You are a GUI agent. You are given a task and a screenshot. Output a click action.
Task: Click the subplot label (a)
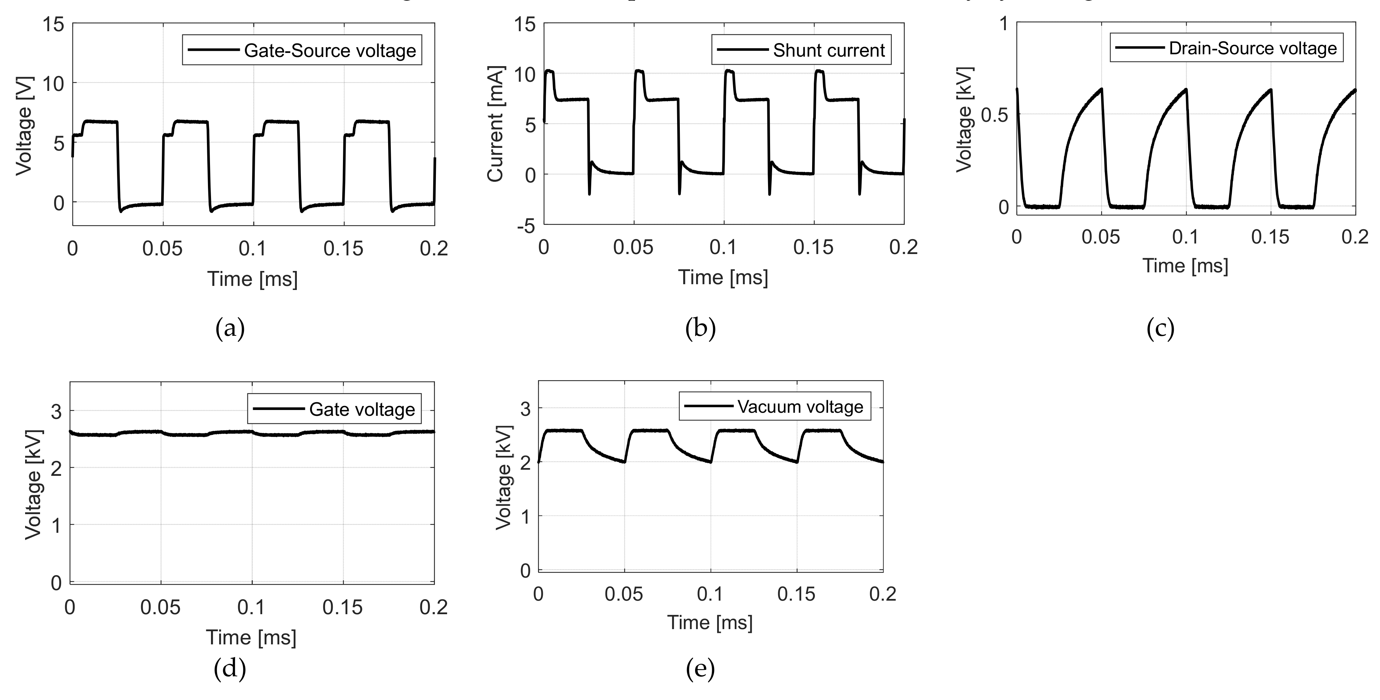230,328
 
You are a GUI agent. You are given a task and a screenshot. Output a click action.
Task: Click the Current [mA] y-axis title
496,124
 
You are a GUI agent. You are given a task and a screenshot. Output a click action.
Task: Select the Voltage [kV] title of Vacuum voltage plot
503,478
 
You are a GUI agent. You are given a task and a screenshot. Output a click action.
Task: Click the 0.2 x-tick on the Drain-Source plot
1354,237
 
